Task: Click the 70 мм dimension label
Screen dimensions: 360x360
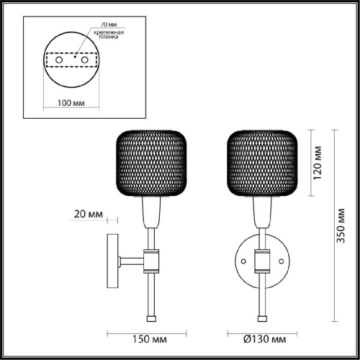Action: point(109,24)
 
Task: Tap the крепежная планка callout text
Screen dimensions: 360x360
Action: point(109,35)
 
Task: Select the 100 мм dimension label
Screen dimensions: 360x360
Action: point(71,103)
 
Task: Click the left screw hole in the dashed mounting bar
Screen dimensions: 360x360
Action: point(59,60)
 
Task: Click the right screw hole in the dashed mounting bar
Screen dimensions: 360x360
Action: point(84,60)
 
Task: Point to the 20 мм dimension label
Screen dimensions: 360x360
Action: point(89,214)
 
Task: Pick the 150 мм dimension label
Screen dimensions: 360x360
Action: point(150,339)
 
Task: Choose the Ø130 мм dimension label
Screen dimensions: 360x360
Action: point(265,339)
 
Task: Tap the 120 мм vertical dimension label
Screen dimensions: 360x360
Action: point(318,163)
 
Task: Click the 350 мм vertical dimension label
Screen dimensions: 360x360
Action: point(341,226)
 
